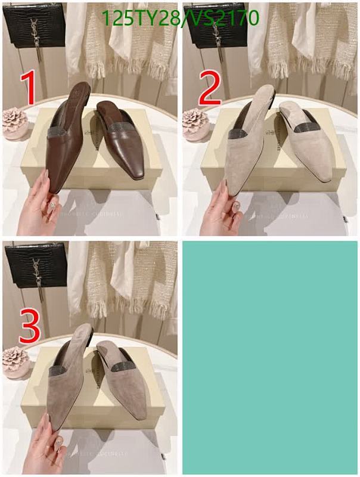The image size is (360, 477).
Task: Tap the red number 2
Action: (x=210, y=88)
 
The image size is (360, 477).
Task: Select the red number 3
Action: (x=29, y=325)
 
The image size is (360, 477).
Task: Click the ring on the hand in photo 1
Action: (x=52, y=206)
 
